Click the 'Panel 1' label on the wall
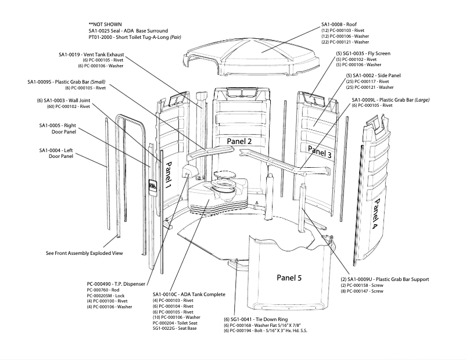tap(169, 174)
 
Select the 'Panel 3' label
tap(320, 152)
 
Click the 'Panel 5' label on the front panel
tap(289, 278)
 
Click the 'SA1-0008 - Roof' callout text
tap(343, 24)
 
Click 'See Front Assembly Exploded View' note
tap(84, 254)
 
